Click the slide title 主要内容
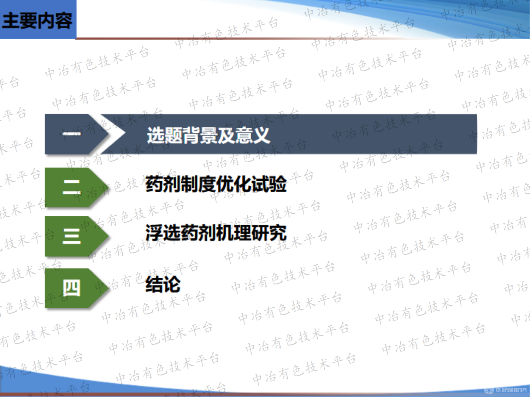pos(37,20)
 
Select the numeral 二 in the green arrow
pos(72,187)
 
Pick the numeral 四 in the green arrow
pos(72,288)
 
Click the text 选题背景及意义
pos(208,135)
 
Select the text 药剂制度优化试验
pos(216,184)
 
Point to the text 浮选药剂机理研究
pos(216,233)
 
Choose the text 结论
pos(163,284)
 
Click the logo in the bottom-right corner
pos(507,390)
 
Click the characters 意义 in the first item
pos(253,135)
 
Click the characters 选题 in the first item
pos(164,135)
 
